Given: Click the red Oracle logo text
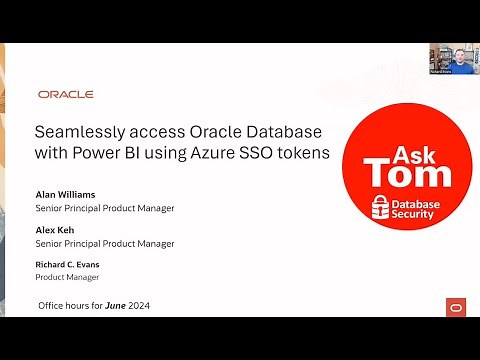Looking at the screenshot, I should click(x=66, y=94).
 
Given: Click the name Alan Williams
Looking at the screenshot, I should click(x=66, y=195).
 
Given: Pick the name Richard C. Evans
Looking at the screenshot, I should click(x=68, y=264).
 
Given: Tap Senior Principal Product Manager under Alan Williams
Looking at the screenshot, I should click(x=105, y=208).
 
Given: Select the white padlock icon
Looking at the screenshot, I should click(x=381, y=206).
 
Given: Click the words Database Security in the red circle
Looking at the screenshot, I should click(x=414, y=206).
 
